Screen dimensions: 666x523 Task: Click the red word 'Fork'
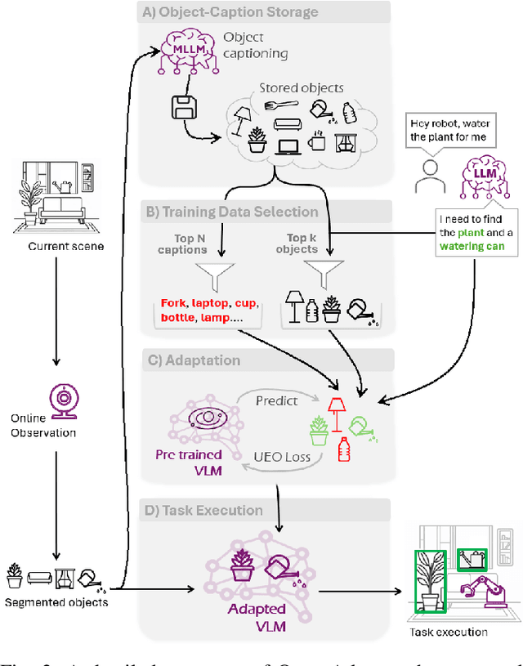tap(174, 302)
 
